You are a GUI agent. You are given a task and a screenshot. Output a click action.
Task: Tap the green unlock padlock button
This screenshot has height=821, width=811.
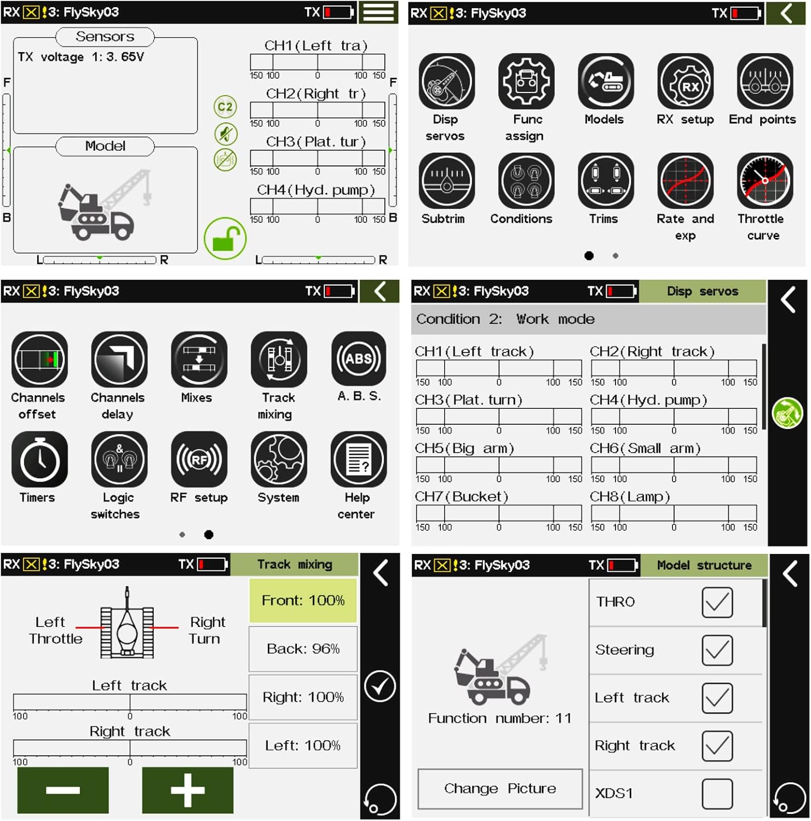pos(225,239)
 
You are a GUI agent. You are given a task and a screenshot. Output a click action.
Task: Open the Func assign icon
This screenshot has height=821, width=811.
pos(526,82)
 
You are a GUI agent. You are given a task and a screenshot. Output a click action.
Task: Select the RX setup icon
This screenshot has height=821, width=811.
pos(685,82)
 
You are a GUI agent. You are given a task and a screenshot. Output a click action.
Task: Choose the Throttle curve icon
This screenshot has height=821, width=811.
pos(764,181)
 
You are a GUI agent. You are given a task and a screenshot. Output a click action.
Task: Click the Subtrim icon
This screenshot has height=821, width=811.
pos(447,181)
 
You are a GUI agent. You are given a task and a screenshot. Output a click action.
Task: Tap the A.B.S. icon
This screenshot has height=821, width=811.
pos(359,359)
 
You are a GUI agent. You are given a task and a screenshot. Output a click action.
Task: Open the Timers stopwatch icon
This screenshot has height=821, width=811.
pos(39,459)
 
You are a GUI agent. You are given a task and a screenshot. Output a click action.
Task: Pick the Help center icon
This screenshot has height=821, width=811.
pos(359,459)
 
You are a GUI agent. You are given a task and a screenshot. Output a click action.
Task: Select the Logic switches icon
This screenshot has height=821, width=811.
pos(119,459)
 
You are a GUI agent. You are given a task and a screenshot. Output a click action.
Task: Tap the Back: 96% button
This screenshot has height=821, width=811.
pos(303,649)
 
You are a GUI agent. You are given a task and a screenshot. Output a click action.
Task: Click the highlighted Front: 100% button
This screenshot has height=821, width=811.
pos(303,600)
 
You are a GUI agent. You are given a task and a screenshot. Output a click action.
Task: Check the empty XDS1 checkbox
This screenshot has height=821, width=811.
pos(717,793)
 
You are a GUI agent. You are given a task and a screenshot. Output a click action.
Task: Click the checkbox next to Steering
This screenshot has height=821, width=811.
pos(717,650)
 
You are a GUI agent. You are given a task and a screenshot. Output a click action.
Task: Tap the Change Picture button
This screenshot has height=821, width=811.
pos(500,789)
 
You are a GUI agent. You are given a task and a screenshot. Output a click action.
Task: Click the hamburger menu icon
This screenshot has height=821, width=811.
pos(378,12)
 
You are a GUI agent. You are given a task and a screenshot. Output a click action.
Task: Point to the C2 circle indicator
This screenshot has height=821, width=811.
pos(225,107)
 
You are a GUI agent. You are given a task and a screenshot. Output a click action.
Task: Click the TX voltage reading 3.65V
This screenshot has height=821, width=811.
pos(125,57)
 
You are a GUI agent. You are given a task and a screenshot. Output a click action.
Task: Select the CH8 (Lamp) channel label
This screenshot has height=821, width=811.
pos(630,496)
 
